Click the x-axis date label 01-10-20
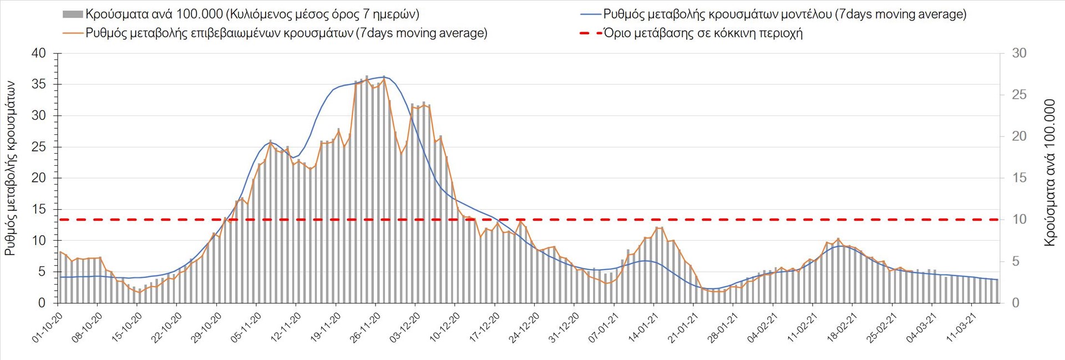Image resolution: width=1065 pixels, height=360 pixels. (x=47, y=327)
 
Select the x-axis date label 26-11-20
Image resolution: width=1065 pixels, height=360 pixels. (x=365, y=327)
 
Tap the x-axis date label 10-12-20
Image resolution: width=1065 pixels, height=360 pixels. (x=444, y=327)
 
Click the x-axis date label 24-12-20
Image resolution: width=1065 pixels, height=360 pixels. (x=524, y=327)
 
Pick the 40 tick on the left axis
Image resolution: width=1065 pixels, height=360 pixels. (x=39, y=54)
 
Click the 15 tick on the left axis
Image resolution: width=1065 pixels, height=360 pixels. (x=39, y=210)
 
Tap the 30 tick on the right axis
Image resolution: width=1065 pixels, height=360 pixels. (x=1019, y=53)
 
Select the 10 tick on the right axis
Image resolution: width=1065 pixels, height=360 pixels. (x=1019, y=220)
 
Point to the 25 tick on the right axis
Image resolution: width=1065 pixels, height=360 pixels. (x=1019, y=95)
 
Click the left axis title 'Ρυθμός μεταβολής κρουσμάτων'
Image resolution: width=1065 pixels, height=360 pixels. (x=10, y=168)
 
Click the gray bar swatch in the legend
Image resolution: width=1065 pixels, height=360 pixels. (x=73, y=14)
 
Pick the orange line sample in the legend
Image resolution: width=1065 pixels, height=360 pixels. (x=73, y=33)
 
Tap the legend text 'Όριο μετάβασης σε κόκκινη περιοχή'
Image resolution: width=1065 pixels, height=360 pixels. (x=703, y=33)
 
